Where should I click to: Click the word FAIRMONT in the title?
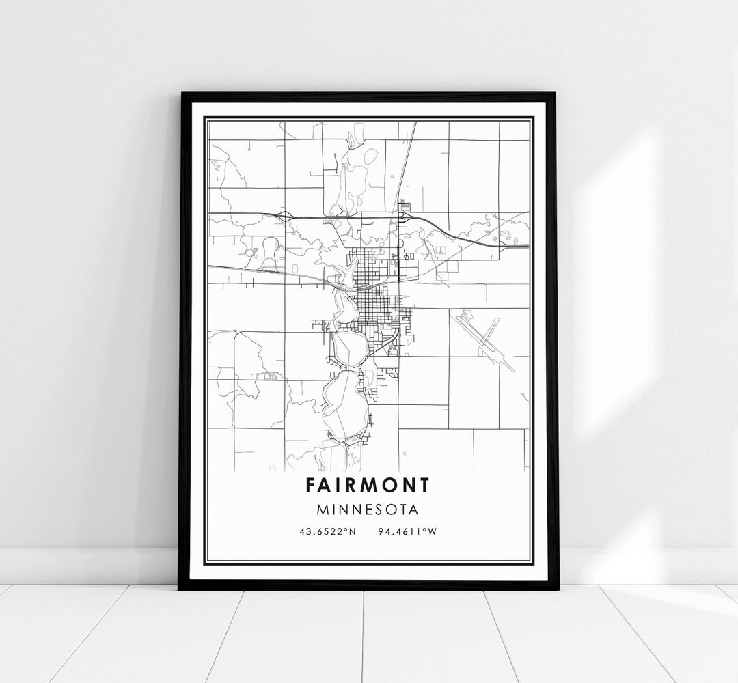[x=368, y=485]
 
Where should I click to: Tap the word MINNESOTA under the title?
[x=368, y=509]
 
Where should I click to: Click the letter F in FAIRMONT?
[x=312, y=485]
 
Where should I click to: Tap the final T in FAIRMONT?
[x=426, y=485]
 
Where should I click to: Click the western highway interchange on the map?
[x=285, y=216]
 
